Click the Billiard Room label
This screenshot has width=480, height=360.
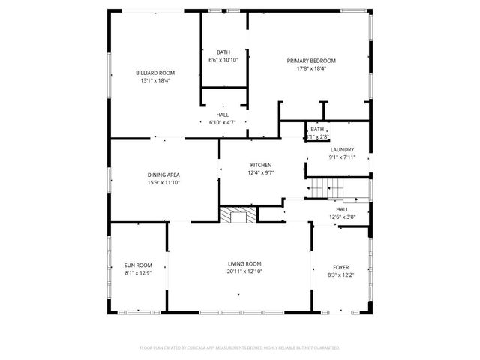click(155, 73)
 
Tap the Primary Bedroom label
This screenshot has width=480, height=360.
click(311, 61)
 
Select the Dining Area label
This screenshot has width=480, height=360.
click(163, 175)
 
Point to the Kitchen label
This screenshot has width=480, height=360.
click(261, 165)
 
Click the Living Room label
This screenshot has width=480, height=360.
click(244, 264)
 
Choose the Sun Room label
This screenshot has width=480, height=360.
click(138, 265)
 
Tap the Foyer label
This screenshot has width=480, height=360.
click(340, 267)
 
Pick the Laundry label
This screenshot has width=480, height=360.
click(341, 150)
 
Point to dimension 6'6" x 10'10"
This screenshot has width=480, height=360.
click(223, 60)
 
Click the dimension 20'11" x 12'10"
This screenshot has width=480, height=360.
click(244, 271)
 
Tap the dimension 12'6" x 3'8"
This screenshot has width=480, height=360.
click(342, 217)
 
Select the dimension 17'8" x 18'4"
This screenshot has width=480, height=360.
click(311, 68)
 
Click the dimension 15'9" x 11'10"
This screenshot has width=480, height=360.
click(163, 182)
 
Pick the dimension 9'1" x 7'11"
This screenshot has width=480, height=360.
click(341, 157)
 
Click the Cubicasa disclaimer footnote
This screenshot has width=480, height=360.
click(240, 348)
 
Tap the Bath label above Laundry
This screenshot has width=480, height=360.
click(317, 130)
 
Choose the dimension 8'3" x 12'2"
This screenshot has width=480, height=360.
click(340, 274)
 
